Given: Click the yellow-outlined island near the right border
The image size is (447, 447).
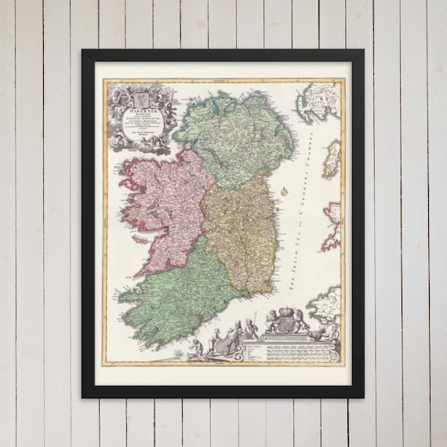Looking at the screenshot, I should [x=333, y=157].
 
